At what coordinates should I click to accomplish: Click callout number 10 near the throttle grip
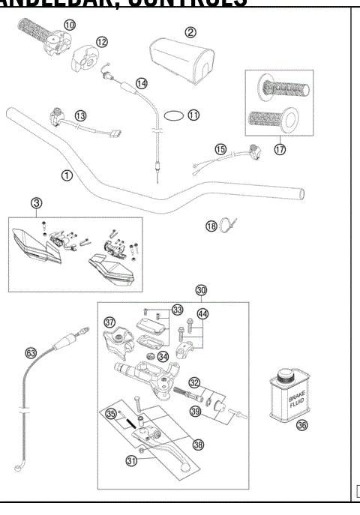coord(69,25)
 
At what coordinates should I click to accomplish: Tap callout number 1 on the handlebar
coord(67,175)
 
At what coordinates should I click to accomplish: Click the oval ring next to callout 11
coord(174,115)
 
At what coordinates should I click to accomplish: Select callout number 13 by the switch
coord(80,115)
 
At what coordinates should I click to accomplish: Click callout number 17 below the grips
coord(280,149)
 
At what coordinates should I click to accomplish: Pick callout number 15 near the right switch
coord(220,149)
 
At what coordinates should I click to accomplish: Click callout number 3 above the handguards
coord(36,202)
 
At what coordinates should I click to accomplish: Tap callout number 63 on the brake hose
coord(31,351)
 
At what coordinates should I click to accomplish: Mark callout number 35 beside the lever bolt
coord(111,412)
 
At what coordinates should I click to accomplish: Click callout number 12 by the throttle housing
coord(101,41)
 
